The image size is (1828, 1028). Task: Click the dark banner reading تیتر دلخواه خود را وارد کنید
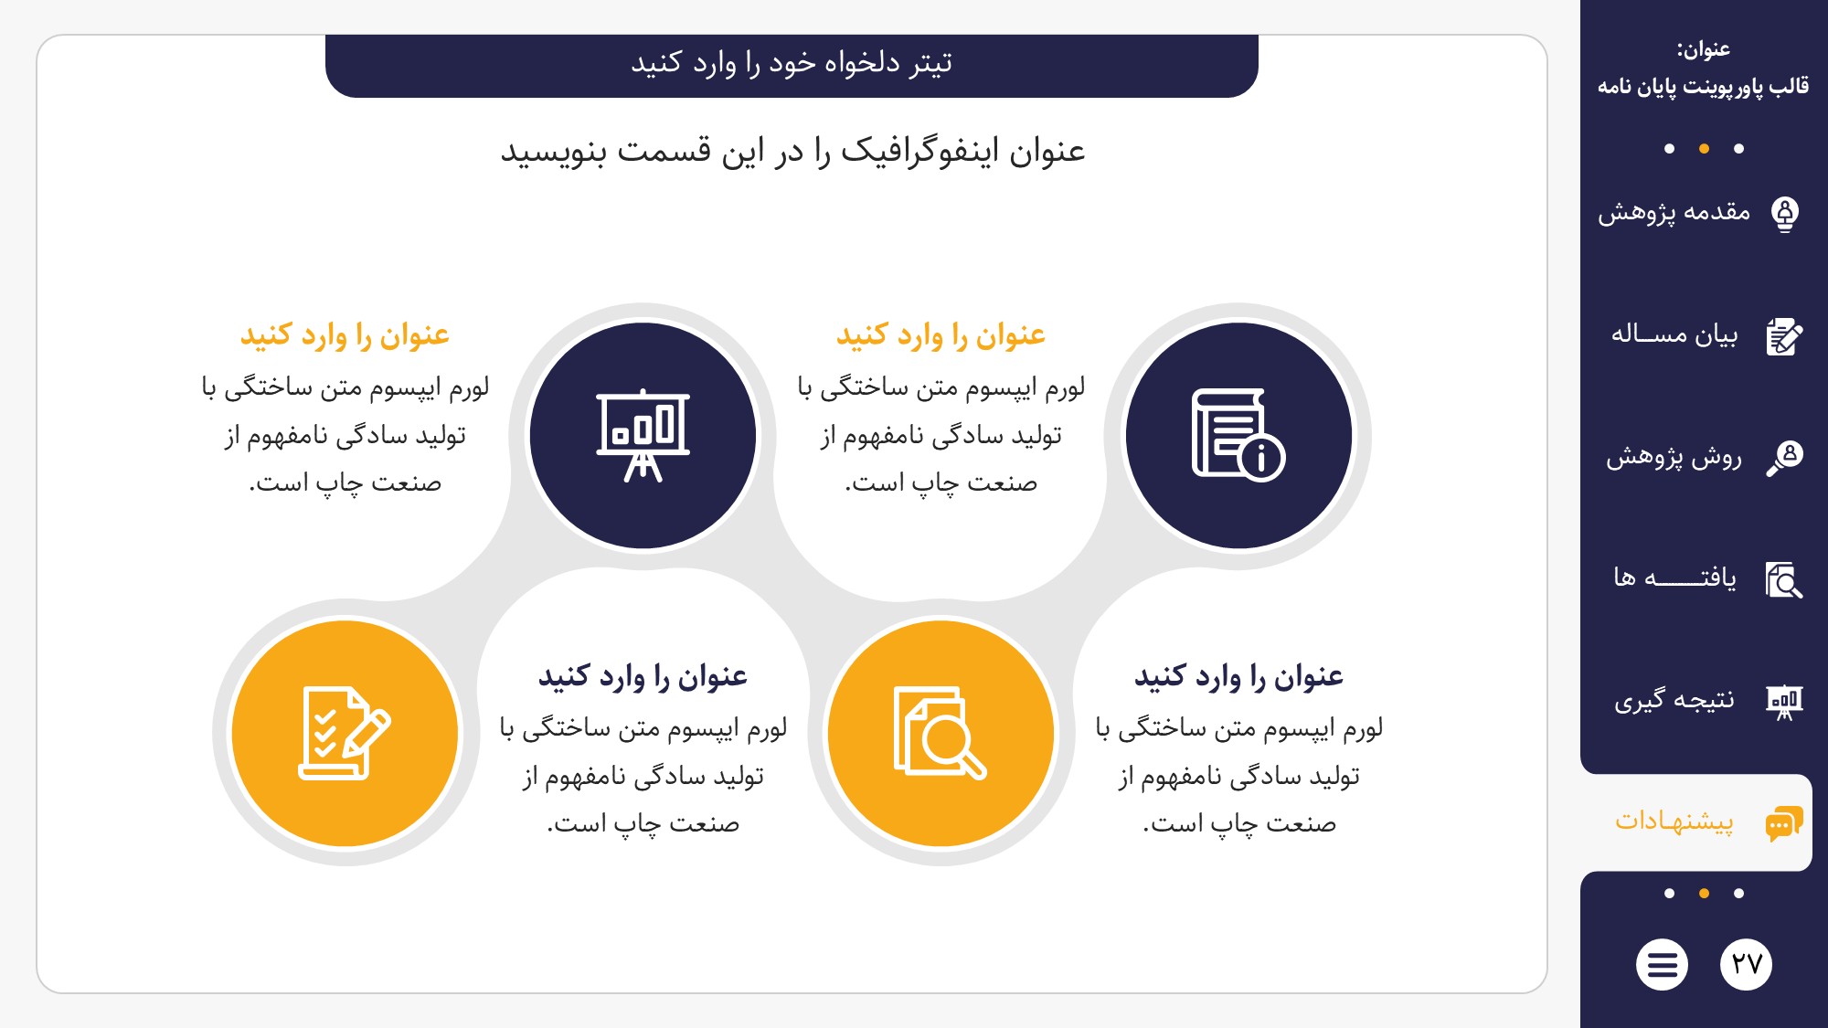[792, 65]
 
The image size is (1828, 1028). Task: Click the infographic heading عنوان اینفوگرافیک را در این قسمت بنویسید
[792, 151]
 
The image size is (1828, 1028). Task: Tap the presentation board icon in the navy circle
[643, 435]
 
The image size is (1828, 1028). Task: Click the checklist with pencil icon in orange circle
[345, 733]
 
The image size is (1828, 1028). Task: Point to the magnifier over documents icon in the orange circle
[941, 733]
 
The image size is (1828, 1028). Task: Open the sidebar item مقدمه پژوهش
[1674, 213]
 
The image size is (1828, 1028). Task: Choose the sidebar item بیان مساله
[1674, 334]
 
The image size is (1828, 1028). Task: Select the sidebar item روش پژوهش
[1674, 456]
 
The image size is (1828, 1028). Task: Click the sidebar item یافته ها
[1674, 578]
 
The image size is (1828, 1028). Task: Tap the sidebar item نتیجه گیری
[1674, 700]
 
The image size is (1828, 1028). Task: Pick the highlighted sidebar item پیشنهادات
[1674, 821]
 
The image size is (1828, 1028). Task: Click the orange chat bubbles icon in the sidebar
[1784, 823]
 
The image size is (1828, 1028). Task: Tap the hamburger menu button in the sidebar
[1662, 964]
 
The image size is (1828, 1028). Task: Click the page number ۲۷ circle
[1746, 964]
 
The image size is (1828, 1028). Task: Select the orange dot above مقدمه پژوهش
[1704, 149]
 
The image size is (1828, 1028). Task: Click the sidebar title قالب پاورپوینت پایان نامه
[1703, 86]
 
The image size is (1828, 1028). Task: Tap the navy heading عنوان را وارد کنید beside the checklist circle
[643, 676]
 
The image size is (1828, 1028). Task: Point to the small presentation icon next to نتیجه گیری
[1784, 702]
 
